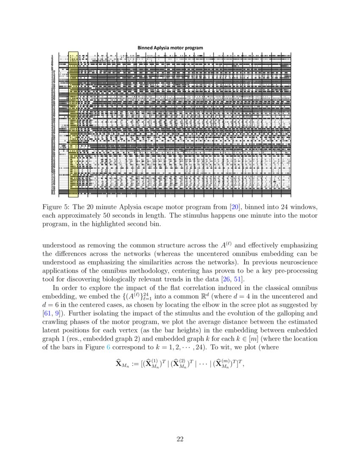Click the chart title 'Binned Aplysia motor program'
[x=170, y=47]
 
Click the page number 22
[x=180, y=439]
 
